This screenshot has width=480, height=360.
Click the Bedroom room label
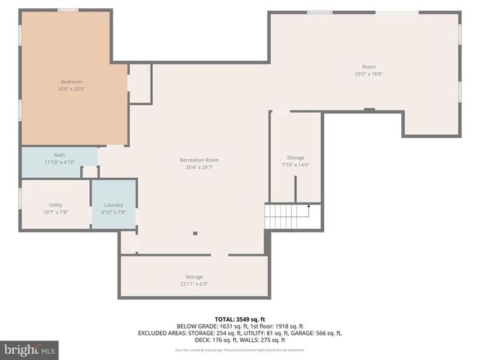[71, 81]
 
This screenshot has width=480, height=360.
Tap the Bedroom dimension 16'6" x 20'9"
[71, 89]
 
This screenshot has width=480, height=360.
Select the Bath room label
[59, 154]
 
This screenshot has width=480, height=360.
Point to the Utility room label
[55, 205]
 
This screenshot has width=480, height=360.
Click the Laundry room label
[113, 205]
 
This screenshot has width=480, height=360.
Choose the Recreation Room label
[199, 160]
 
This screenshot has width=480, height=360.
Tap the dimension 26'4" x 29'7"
[199, 168]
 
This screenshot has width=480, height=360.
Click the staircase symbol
[287, 216]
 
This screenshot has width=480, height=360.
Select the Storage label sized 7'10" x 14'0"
[295, 157]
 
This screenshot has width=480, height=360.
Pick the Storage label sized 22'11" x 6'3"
[194, 277]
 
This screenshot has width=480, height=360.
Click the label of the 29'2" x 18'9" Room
[368, 66]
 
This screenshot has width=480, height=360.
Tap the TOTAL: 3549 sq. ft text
[240, 319]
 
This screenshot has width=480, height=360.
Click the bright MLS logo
[29, 349]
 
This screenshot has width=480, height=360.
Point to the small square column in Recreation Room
[195, 233]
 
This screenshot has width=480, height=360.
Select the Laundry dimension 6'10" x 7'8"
[113, 212]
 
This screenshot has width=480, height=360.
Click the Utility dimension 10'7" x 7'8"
[55, 212]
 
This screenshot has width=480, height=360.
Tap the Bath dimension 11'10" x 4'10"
[59, 162]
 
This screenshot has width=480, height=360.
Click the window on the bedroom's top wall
[68, 10]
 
